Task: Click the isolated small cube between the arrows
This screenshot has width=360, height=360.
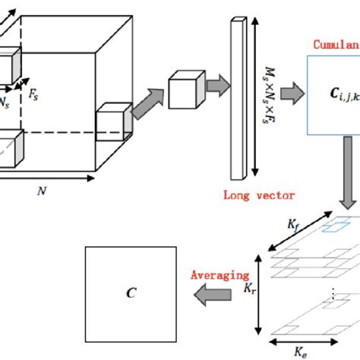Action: [184, 90]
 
